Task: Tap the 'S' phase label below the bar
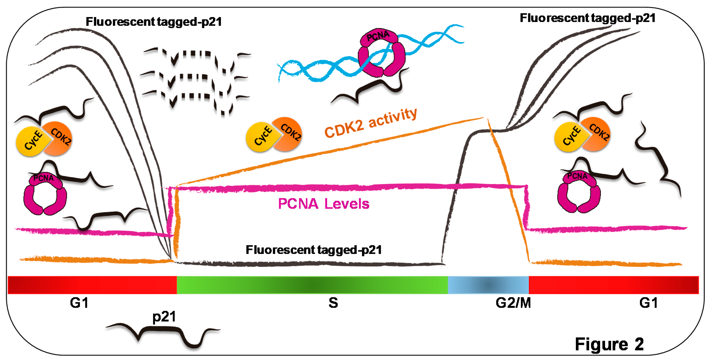[333, 303]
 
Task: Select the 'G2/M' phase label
[513, 303]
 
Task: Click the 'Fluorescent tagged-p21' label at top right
[587, 18]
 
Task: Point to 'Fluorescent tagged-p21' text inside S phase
[314, 250]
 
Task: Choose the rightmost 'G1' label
[648, 303]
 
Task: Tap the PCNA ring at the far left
[45, 195]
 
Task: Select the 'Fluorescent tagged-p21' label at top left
[154, 22]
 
